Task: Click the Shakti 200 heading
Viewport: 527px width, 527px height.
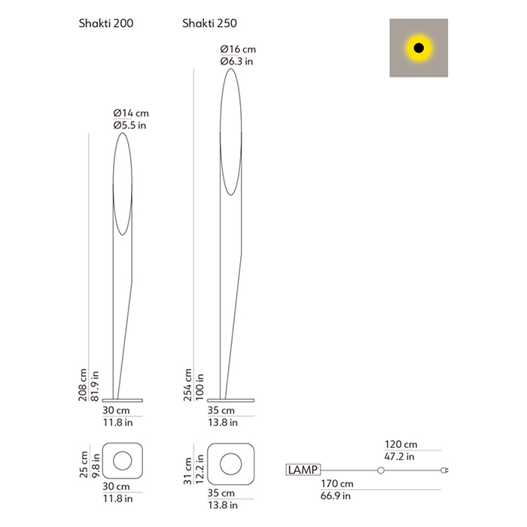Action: pos(106,23)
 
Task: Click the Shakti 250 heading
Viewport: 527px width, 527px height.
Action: pos(209,23)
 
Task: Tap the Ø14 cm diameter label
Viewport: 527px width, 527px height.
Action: pos(131,113)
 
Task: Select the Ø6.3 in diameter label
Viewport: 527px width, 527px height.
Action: pos(236,62)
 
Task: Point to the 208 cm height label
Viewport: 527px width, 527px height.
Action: pos(83,385)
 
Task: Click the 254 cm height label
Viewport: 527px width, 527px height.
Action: pos(187,385)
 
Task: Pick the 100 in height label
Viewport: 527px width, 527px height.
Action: pos(200,387)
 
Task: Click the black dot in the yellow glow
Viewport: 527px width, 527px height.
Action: pos(419,47)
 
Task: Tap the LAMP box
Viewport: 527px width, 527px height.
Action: pos(303,470)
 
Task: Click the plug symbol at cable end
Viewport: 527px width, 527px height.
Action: pos(445,471)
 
